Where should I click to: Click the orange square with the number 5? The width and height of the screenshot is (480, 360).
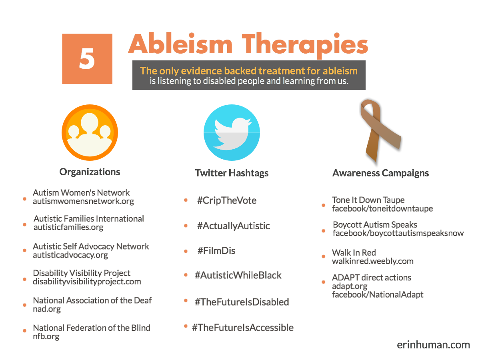click(x=87, y=59)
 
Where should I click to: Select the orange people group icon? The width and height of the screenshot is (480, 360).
click(x=90, y=132)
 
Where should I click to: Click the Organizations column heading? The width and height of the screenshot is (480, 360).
click(x=90, y=172)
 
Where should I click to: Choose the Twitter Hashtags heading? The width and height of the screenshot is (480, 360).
click(x=232, y=173)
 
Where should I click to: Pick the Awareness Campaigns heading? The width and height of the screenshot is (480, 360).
click(x=380, y=173)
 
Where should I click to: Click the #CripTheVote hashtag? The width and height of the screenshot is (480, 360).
click(x=226, y=200)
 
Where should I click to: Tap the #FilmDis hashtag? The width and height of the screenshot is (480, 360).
click(x=216, y=251)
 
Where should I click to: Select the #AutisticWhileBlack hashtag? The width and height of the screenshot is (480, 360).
click(x=238, y=275)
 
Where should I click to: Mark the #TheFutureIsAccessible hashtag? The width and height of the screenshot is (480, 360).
click(x=243, y=328)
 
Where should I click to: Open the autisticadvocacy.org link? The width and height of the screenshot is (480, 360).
click(x=70, y=255)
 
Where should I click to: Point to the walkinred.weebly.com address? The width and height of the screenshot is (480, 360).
click(x=372, y=261)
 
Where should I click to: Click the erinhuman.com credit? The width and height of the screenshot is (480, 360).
click(x=433, y=344)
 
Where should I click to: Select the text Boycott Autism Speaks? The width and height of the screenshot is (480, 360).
click(x=375, y=224)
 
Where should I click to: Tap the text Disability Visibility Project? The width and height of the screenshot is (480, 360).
click(x=82, y=273)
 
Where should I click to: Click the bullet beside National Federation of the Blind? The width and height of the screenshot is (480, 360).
click(x=25, y=332)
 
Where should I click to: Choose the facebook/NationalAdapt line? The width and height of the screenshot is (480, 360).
click(x=377, y=295)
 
